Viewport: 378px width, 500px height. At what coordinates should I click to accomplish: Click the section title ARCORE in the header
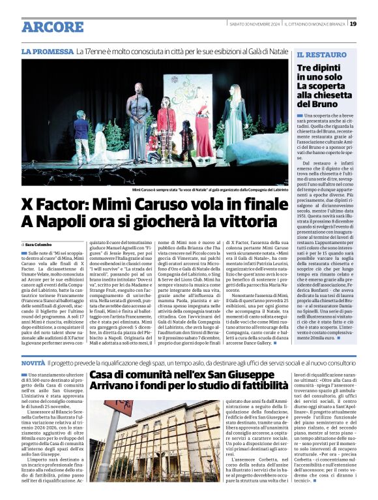[53, 27]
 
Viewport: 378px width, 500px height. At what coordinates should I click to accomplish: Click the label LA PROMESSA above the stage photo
[46, 51]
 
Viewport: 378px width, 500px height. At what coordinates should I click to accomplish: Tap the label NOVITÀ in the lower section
[33, 362]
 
